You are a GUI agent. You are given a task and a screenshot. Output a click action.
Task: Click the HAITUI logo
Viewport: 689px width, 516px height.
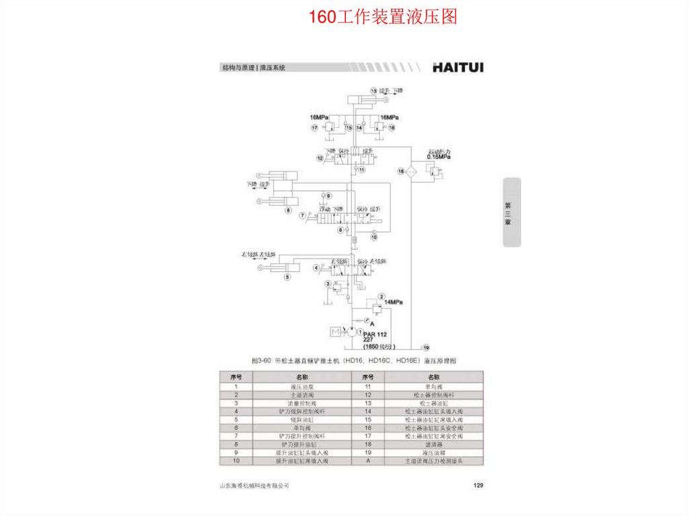click(458, 67)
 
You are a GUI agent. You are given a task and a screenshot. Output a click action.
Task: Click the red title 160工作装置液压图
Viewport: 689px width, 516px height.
click(383, 17)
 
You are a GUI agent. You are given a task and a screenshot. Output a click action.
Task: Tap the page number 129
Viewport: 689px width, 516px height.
click(478, 485)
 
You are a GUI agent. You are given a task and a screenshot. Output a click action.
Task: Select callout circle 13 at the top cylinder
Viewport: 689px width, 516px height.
click(373, 91)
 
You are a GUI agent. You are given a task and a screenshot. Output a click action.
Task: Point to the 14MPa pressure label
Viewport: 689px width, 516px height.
click(393, 303)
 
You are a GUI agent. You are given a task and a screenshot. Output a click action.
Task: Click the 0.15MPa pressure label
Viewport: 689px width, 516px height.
click(438, 157)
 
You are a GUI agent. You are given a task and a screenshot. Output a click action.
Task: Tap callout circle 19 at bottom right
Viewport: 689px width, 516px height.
click(425, 348)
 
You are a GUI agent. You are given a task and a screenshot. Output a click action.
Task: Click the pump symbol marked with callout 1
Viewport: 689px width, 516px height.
click(351, 332)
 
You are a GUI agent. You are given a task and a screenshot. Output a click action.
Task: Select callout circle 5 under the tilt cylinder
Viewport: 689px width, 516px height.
click(287, 277)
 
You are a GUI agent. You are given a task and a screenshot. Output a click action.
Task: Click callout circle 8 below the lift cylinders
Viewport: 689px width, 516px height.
click(287, 211)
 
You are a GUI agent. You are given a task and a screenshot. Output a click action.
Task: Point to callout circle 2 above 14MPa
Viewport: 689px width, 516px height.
click(381, 297)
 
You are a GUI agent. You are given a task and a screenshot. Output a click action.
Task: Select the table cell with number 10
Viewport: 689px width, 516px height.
click(236, 462)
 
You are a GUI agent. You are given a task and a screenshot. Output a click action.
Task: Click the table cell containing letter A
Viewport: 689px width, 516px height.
click(368, 462)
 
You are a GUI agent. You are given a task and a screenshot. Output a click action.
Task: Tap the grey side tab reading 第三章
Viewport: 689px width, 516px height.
click(511, 212)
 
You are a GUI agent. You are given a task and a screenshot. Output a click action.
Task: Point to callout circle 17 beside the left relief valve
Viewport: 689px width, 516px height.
click(314, 127)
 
